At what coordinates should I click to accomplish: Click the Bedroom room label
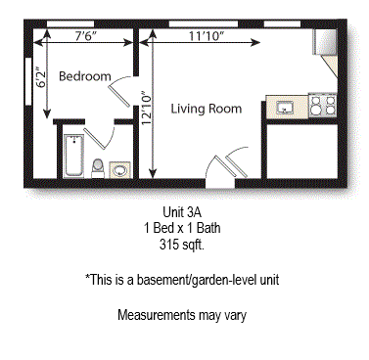click(x=85, y=76)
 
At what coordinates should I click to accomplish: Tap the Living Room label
click(x=206, y=110)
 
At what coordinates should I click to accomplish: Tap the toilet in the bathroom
click(x=98, y=166)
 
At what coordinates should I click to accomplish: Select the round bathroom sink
click(x=120, y=169)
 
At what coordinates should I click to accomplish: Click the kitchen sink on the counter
click(x=287, y=107)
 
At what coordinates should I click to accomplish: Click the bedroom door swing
click(x=124, y=93)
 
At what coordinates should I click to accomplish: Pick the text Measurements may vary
click(x=181, y=316)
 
